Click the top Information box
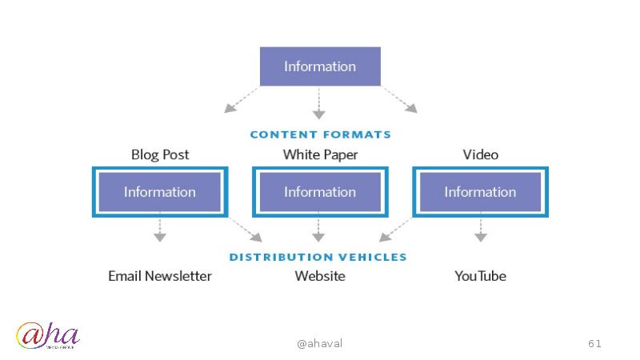(320, 66)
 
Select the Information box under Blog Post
(160, 192)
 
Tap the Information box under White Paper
(320, 192)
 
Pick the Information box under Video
(480, 192)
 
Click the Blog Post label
(160, 154)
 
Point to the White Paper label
(320, 154)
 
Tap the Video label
(480, 154)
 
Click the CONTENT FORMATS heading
(320, 134)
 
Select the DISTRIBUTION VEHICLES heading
(318, 257)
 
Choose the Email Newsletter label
(160, 276)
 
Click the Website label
(320, 276)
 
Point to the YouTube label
(480, 276)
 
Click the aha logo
(48, 337)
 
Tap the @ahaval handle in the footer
(319, 343)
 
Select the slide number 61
(594, 343)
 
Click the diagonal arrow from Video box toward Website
(395, 230)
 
